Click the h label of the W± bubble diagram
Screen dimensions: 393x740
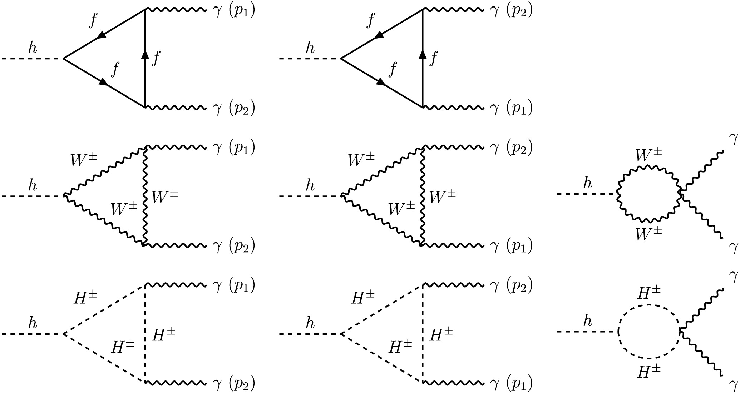coord(587,184)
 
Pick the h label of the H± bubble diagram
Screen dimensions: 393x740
coord(587,322)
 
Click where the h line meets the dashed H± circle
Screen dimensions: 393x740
coord(618,332)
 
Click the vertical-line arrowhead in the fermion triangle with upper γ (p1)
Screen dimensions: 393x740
coord(145,55)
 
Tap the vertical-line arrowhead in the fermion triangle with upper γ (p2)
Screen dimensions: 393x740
coord(423,55)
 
